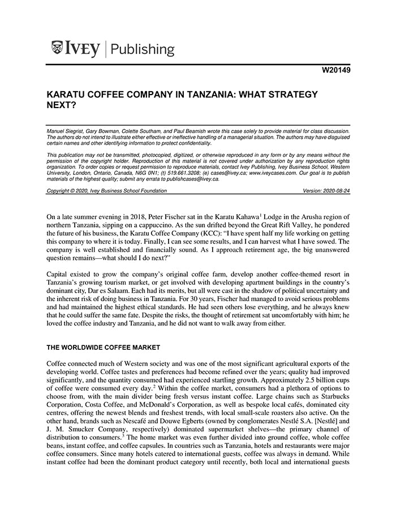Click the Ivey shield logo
tap(57, 49)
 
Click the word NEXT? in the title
tap(61, 105)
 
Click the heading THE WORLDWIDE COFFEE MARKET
tap(104, 347)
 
